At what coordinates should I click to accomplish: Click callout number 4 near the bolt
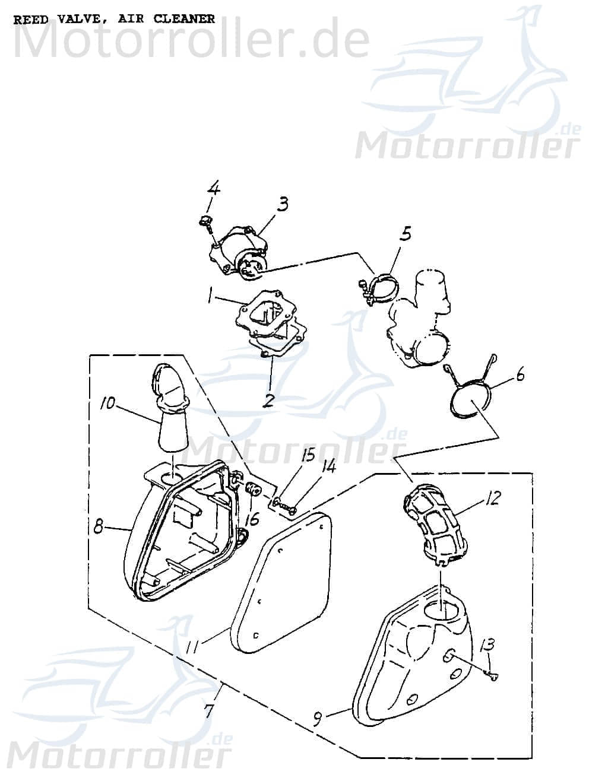[x=213, y=189]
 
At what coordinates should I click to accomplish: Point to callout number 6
[x=520, y=375]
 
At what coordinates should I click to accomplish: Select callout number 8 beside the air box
[x=99, y=525]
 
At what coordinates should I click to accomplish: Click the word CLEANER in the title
[x=184, y=19]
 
